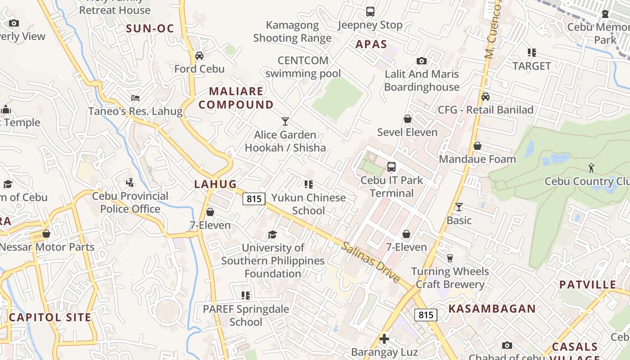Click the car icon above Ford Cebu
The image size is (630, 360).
pos(199,56)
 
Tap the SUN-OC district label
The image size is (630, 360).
pos(150,29)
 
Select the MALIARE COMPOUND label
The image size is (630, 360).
pos(236,98)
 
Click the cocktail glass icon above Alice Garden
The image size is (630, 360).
pos(285,121)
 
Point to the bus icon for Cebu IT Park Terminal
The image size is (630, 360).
pos(391,167)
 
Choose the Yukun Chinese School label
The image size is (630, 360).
pos(308,204)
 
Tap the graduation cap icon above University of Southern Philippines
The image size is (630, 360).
pos(272,234)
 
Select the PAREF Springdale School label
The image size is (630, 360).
pos(246,315)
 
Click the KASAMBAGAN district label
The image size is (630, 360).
pos(492,309)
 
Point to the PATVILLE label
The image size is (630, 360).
pos(587,285)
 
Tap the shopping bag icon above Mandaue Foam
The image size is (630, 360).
pos(477,146)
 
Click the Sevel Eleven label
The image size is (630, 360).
pos(407,132)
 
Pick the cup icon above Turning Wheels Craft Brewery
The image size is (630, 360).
pos(450,258)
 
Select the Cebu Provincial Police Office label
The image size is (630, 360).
pos(130,202)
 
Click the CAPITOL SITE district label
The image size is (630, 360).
pos(50,317)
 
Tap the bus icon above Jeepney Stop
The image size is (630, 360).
pos(370,12)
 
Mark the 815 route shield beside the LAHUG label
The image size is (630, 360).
pos(254,198)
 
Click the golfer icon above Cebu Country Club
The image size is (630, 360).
pos(591,168)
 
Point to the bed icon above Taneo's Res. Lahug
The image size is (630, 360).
pos(135,98)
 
